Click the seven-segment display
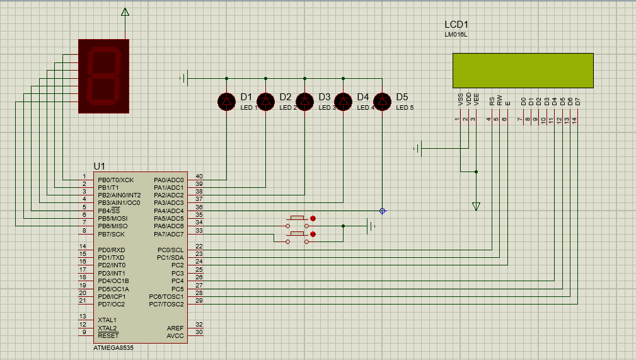coord(103,76)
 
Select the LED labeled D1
coord(227,101)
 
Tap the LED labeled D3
coord(305,101)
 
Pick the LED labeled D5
coord(383,101)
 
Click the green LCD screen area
coord(523,70)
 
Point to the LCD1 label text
coord(456,25)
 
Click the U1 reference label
coord(99,166)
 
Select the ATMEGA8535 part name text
coord(113,347)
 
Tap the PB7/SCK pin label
coord(112,233)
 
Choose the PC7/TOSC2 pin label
coord(166,304)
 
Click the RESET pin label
coord(108,336)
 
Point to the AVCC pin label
coord(175,336)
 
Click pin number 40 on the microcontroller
coord(199,177)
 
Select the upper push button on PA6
coord(298,218)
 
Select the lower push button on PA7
coord(298,234)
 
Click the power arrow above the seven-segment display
coord(125,12)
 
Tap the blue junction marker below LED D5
coord(383,211)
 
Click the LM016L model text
coord(456,35)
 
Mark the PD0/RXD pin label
coord(110,250)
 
